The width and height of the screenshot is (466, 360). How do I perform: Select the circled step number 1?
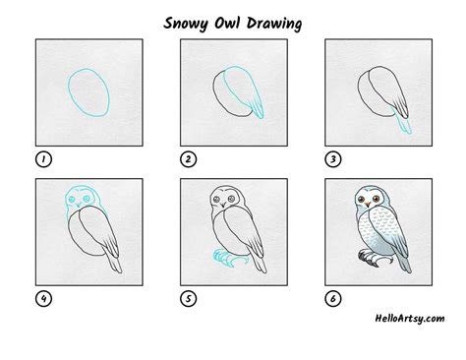tap(42, 157)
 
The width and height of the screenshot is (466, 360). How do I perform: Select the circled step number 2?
tap(187, 157)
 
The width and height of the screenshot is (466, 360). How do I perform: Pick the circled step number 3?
tap(331, 157)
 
